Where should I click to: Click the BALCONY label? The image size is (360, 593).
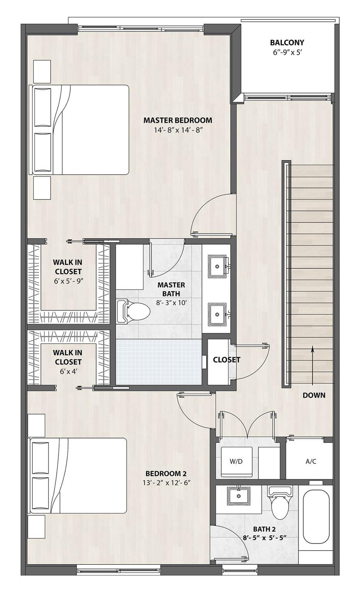point(287,42)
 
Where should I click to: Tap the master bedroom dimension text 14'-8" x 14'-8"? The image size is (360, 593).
point(178,130)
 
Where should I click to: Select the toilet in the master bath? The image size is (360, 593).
point(133,311)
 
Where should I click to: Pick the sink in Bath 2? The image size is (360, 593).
point(238,496)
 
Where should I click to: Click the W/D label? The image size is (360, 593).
point(236,461)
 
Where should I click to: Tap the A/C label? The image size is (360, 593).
point(311,461)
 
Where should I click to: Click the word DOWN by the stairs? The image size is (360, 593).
point(314,395)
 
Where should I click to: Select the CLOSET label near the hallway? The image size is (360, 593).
point(226,360)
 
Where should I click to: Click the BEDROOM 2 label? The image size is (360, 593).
point(166,473)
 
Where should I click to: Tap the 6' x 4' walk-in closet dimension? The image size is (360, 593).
point(68,371)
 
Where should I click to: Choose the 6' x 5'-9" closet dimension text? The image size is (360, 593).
point(69,281)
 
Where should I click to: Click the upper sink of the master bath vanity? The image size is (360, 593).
point(217,266)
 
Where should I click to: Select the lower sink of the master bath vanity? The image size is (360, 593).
point(217,314)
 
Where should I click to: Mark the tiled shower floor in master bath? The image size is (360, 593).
point(159,362)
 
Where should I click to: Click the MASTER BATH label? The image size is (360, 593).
point(171,289)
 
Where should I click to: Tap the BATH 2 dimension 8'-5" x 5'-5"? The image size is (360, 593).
point(265,537)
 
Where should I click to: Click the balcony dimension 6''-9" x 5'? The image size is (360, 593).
point(287,53)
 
